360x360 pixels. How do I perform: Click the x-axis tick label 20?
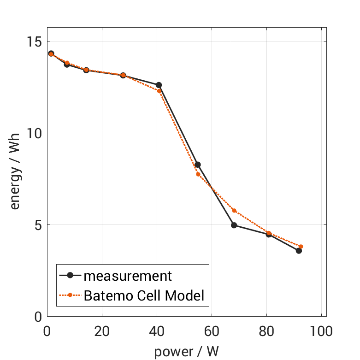click(x=101, y=331)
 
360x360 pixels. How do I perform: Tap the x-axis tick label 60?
click(x=212, y=331)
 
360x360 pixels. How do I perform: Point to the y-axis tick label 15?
click(x=34, y=41)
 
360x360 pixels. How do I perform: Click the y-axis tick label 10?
click(x=34, y=133)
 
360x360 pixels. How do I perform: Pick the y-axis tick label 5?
click(x=37, y=225)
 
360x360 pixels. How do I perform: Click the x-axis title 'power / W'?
click(x=186, y=351)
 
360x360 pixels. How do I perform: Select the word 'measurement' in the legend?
click(x=128, y=276)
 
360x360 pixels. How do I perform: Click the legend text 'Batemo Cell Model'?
click(x=144, y=295)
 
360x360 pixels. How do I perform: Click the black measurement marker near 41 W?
click(x=159, y=85)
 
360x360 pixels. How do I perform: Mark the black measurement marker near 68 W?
click(x=234, y=225)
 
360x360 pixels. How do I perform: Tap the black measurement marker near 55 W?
click(x=198, y=165)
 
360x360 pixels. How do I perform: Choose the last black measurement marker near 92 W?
click(x=299, y=251)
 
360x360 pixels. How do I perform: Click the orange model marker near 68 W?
click(x=234, y=211)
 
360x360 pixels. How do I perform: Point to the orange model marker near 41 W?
click(x=159, y=91)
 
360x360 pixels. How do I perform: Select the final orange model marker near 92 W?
click(x=301, y=247)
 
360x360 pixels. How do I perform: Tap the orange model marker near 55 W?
click(x=198, y=174)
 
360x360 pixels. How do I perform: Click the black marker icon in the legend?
click(x=70, y=276)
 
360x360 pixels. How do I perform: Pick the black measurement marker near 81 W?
click(x=268, y=234)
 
